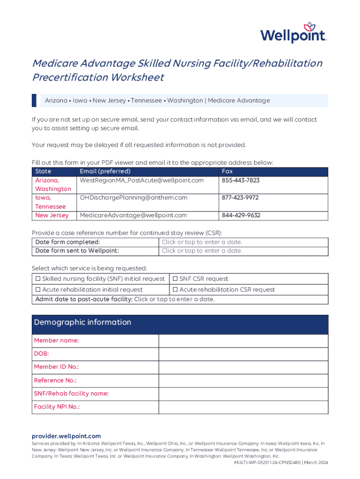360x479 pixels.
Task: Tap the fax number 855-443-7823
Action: (x=240, y=180)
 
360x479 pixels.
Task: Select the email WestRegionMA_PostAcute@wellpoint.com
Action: (x=142, y=180)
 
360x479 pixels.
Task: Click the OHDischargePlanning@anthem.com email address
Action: (x=133, y=198)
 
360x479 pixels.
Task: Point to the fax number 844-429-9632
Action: (x=241, y=216)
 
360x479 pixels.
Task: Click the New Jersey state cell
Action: (x=52, y=216)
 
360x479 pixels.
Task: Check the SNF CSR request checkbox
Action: (x=176, y=279)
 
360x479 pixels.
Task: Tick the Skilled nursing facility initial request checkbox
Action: (x=38, y=279)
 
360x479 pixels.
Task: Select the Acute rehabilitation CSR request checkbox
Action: (x=176, y=290)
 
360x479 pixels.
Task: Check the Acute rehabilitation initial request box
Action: (x=38, y=290)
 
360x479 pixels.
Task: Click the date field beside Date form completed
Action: (x=202, y=242)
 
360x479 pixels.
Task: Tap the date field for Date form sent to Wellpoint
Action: (x=202, y=251)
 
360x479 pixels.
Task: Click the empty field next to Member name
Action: (x=243, y=341)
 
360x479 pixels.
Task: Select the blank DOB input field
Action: (x=243, y=354)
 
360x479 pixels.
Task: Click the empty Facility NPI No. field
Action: (x=243, y=407)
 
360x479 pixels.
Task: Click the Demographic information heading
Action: (x=82, y=322)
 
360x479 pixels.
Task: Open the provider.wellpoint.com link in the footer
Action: (x=66, y=436)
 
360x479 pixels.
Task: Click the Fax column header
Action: (x=227, y=171)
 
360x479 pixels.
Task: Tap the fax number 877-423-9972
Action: (x=240, y=198)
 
